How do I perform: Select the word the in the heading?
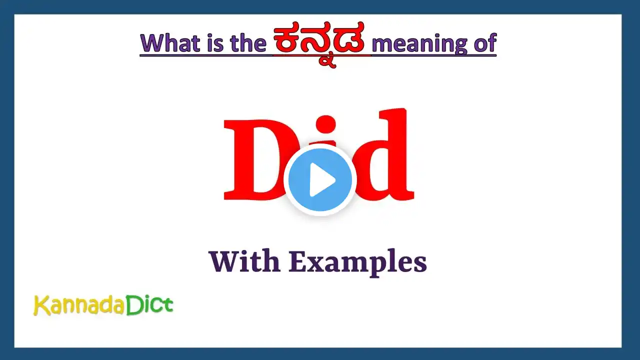point(248,43)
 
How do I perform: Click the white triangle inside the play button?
point(321,179)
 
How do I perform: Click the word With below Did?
point(244,261)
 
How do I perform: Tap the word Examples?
point(357,263)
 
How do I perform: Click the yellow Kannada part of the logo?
point(79,305)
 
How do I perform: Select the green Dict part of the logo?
point(149,304)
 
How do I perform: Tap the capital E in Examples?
point(298,261)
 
